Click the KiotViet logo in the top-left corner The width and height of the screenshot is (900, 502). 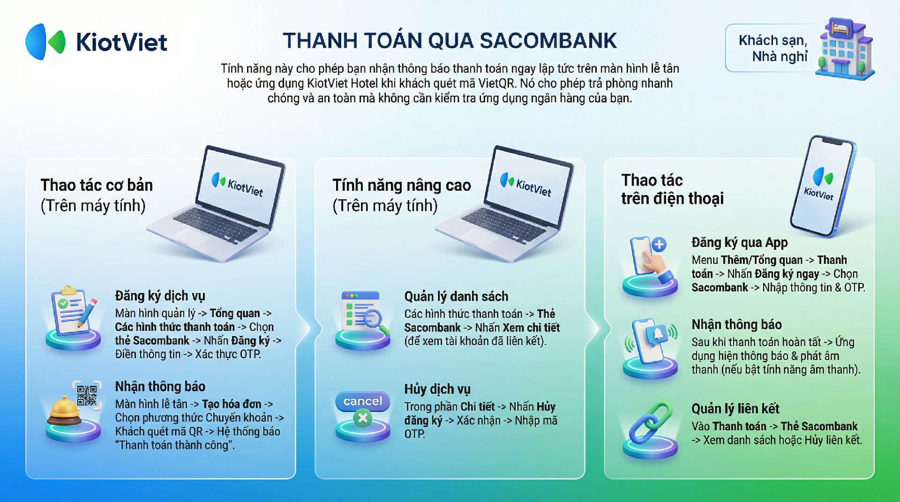[96, 42]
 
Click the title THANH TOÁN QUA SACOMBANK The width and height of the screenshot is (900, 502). [450, 41]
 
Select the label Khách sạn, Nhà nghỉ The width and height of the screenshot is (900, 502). [773, 48]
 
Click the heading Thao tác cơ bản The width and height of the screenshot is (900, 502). [97, 185]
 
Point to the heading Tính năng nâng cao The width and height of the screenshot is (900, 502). [402, 186]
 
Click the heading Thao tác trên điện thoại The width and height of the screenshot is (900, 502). [673, 189]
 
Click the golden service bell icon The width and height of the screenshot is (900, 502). [65, 411]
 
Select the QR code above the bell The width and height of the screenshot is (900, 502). [87, 395]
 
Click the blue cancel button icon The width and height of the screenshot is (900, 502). [362, 401]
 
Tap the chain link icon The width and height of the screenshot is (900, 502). [651, 423]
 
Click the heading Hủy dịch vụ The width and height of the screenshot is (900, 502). [437, 389]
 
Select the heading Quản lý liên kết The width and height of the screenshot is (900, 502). [735, 409]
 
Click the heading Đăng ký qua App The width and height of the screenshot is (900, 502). [740, 242]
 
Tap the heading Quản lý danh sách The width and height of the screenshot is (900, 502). [456, 296]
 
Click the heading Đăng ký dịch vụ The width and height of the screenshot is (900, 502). [160, 296]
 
